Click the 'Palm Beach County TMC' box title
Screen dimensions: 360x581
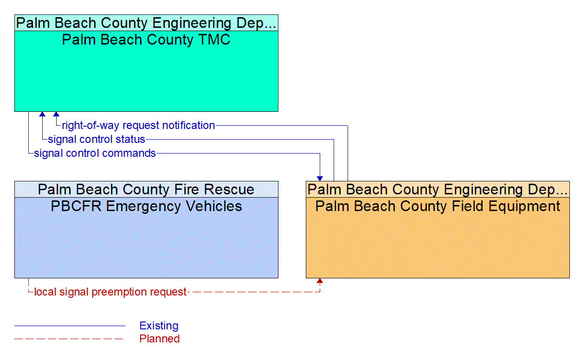tap(146, 40)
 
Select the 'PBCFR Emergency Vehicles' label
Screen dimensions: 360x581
tap(146, 206)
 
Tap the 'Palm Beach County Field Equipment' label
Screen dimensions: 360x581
tap(438, 206)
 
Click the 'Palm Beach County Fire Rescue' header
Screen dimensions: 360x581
tap(146, 189)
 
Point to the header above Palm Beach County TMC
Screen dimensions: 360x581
tap(146, 23)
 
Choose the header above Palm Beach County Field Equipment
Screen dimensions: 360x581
tap(438, 189)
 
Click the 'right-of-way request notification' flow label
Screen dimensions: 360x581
tap(138, 125)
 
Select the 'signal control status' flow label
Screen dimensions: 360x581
tap(97, 139)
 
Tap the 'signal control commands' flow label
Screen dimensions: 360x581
tap(95, 153)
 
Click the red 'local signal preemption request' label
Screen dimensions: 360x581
tap(110, 292)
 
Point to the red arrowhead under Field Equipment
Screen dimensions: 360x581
tap(320, 281)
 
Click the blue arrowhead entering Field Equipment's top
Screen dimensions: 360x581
tap(320, 178)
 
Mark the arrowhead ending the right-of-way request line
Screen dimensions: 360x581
tap(56, 114)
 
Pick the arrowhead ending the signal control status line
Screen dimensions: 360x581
tap(42, 114)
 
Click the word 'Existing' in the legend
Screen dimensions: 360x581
tap(159, 326)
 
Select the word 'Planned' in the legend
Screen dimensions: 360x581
tap(159, 339)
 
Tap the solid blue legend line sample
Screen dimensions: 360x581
tap(70, 326)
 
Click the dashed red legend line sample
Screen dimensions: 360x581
tap(70, 339)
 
